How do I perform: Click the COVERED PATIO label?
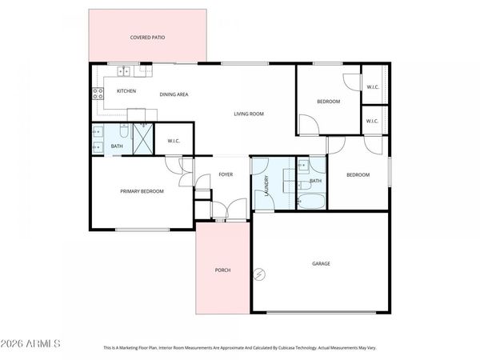[147, 38]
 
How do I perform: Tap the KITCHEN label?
[126, 91]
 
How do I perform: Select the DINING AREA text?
[174, 94]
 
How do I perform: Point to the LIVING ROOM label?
[248, 114]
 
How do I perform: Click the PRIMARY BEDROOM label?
[142, 191]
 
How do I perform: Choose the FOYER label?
[226, 174]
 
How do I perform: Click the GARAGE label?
[321, 263]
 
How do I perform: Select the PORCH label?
[222, 270]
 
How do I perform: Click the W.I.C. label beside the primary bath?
[174, 142]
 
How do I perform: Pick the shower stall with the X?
[142, 140]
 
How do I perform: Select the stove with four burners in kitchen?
[99, 92]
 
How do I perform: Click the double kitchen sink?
[126, 70]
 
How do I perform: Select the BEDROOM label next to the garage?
[358, 174]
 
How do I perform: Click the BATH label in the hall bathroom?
[315, 181]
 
